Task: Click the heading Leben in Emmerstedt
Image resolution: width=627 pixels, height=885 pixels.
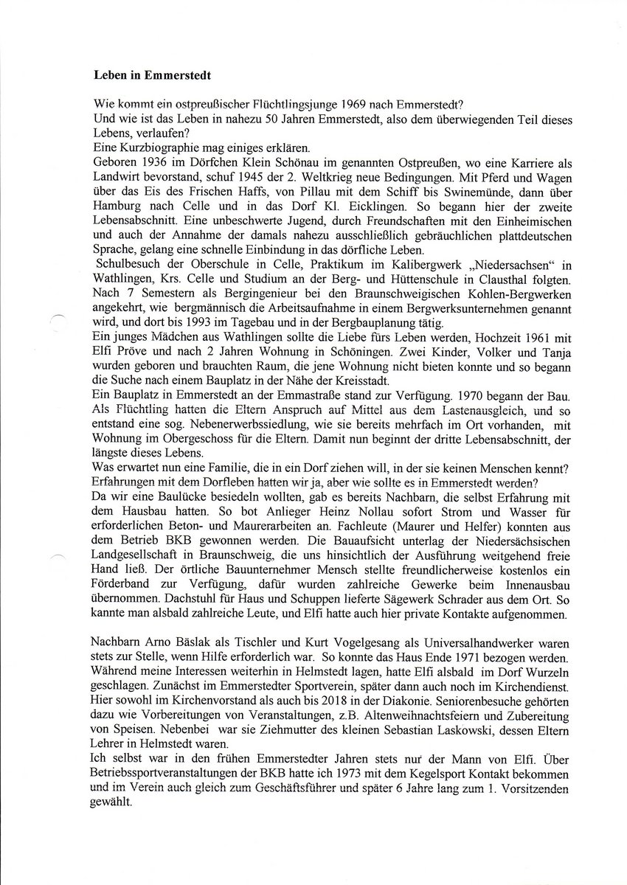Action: coord(145,76)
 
